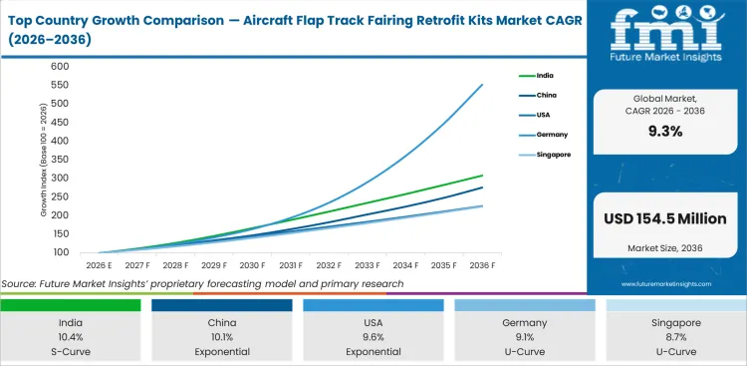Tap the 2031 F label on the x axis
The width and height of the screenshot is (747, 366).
[x=292, y=266]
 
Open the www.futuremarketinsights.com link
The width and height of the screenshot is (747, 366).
[x=666, y=284]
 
